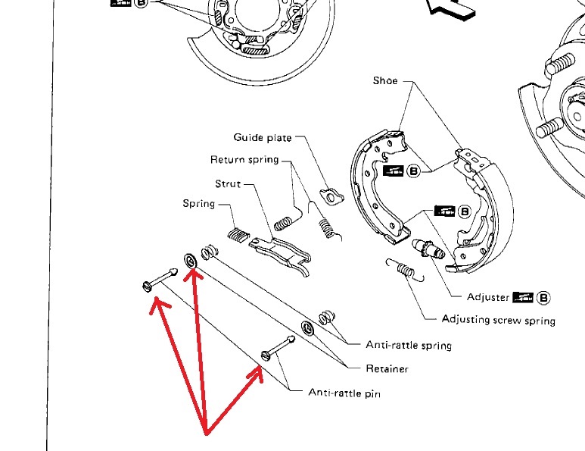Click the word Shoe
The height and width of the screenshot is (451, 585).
[x=385, y=80]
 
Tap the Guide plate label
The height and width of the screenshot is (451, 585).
[x=263, y=137]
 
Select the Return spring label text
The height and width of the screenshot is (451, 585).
[x=244, y=160]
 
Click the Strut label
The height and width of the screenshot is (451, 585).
[x=228, y=184]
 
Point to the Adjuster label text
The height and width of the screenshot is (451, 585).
[x=488, y=297]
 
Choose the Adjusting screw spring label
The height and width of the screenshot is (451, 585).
[x=499, y=320]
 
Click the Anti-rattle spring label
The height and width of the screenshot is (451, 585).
[x=409, y=345]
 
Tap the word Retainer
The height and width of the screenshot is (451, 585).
[x=387, y=369]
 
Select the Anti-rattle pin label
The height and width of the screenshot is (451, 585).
[x=344, y=393]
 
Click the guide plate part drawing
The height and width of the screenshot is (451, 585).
[x=331, y=196]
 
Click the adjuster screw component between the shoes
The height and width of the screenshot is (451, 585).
[x=428, y=249]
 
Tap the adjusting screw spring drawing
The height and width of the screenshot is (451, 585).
[x=406, y=269]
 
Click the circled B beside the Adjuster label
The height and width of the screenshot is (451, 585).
[x=543, y=298]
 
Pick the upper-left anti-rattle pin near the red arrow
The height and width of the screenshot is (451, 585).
[x=160, y=280]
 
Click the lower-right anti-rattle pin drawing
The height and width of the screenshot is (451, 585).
[x=278, y=348]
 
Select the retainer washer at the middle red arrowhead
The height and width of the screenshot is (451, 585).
[x=191, y=261]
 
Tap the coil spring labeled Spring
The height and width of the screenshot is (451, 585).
[x=238, y=235]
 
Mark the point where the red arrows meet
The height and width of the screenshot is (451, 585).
[x=207, y=434]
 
